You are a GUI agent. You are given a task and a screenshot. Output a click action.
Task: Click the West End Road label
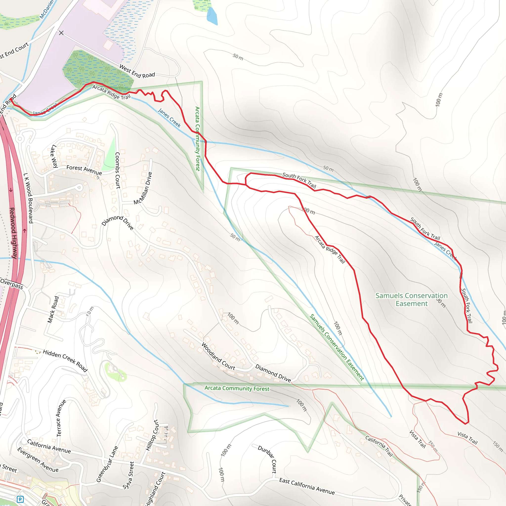coord(137,71)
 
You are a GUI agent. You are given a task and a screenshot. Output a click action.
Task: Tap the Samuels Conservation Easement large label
coord(411,299)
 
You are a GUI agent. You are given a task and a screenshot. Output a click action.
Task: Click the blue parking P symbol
coord(20,499)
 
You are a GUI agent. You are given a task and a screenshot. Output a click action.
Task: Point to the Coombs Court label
coord(118,170)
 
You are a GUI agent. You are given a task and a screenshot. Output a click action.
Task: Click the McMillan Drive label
coord(143,188)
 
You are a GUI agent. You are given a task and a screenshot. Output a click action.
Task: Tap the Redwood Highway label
coord(13,233)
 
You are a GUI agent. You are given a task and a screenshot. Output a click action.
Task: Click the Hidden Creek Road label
coord(65,360)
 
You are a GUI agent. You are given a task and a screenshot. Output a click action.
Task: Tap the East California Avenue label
coord(307,486)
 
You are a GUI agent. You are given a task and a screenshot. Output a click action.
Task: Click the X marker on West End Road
coord(61,33)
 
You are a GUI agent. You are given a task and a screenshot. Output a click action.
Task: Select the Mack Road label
coord(53,309)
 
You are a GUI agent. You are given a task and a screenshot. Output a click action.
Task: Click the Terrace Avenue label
coord(61,418)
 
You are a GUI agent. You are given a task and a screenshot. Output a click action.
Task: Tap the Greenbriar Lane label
coord(107,464)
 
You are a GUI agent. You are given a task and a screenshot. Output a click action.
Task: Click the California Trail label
coord(379,446)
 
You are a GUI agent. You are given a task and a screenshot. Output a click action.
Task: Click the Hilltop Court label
coord(152,435)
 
